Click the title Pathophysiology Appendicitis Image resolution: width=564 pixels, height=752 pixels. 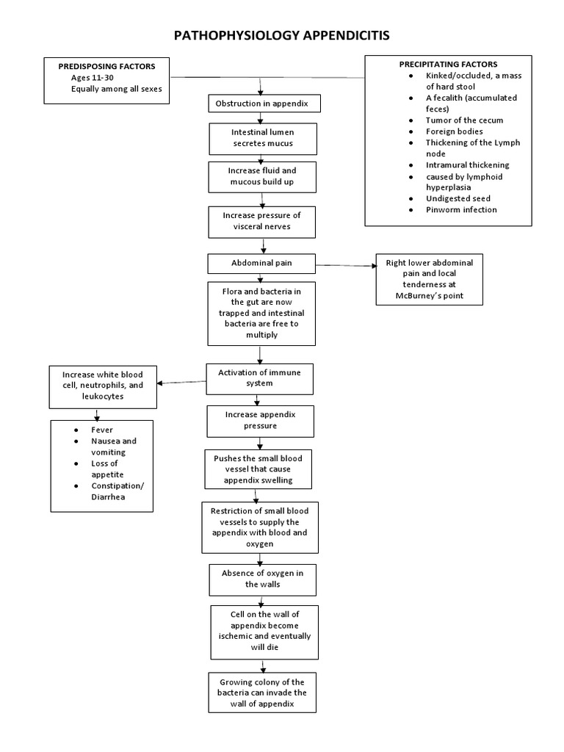[283, 35]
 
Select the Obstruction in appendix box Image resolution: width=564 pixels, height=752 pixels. [261, 104]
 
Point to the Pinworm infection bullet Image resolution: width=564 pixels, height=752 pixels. [460, 210]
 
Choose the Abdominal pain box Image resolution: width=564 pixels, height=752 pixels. [261, 263]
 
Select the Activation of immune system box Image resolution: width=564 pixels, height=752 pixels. [261, 377]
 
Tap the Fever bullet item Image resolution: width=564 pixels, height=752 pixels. [102, 430]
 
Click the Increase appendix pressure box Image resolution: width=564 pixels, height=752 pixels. [261, 419]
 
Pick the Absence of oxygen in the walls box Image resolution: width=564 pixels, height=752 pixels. [261, 578]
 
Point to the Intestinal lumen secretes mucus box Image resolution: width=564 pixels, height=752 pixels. [261, 138]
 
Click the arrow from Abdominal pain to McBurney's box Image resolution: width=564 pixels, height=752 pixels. [344, 265]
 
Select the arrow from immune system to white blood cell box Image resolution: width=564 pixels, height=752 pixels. [183, 382]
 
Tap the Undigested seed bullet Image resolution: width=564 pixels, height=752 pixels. [458, 198]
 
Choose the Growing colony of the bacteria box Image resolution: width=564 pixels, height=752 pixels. [261, 693]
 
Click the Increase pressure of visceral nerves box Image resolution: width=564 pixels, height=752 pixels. [261, 221]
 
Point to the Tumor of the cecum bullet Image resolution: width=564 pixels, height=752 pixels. [464, 120]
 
